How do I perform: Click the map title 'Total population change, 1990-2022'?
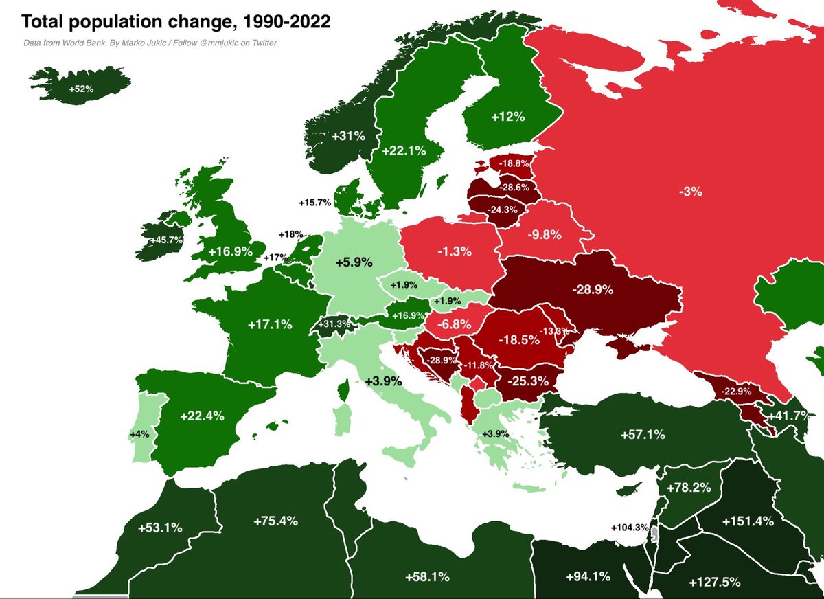pos(176,22)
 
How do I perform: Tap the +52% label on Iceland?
pos(81,89)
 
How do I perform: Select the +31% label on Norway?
pos(348,137)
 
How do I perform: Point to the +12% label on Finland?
pos(507,117)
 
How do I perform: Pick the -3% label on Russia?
pos(690,192)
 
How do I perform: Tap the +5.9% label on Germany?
pos(354,262)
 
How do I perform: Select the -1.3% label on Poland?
pos(455,251)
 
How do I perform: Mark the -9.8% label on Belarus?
pos(544,234)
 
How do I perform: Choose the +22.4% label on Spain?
pos(202,416)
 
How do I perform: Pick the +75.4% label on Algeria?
pos(275,521)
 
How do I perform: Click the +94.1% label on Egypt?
pos(588,576)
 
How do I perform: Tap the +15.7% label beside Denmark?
pos(315,203)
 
